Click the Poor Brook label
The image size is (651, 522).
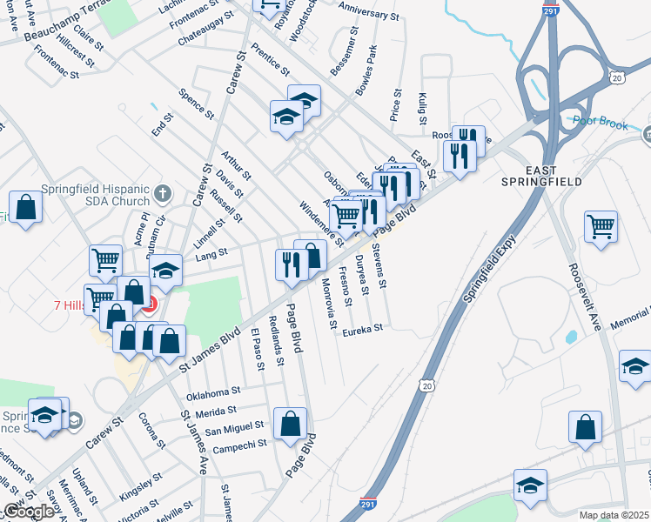click(601, 124)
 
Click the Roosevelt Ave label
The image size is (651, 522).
click(585, 297)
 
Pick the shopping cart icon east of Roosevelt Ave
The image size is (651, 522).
click(601, 226)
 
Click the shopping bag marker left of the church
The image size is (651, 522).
click(26, 208)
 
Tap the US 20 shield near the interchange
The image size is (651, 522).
click(617, 78)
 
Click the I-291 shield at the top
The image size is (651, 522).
click(550, 13)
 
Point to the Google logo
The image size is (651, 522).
click(29, 512)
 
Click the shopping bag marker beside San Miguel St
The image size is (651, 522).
click(290, 424)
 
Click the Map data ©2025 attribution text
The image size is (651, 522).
click(614, 515)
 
